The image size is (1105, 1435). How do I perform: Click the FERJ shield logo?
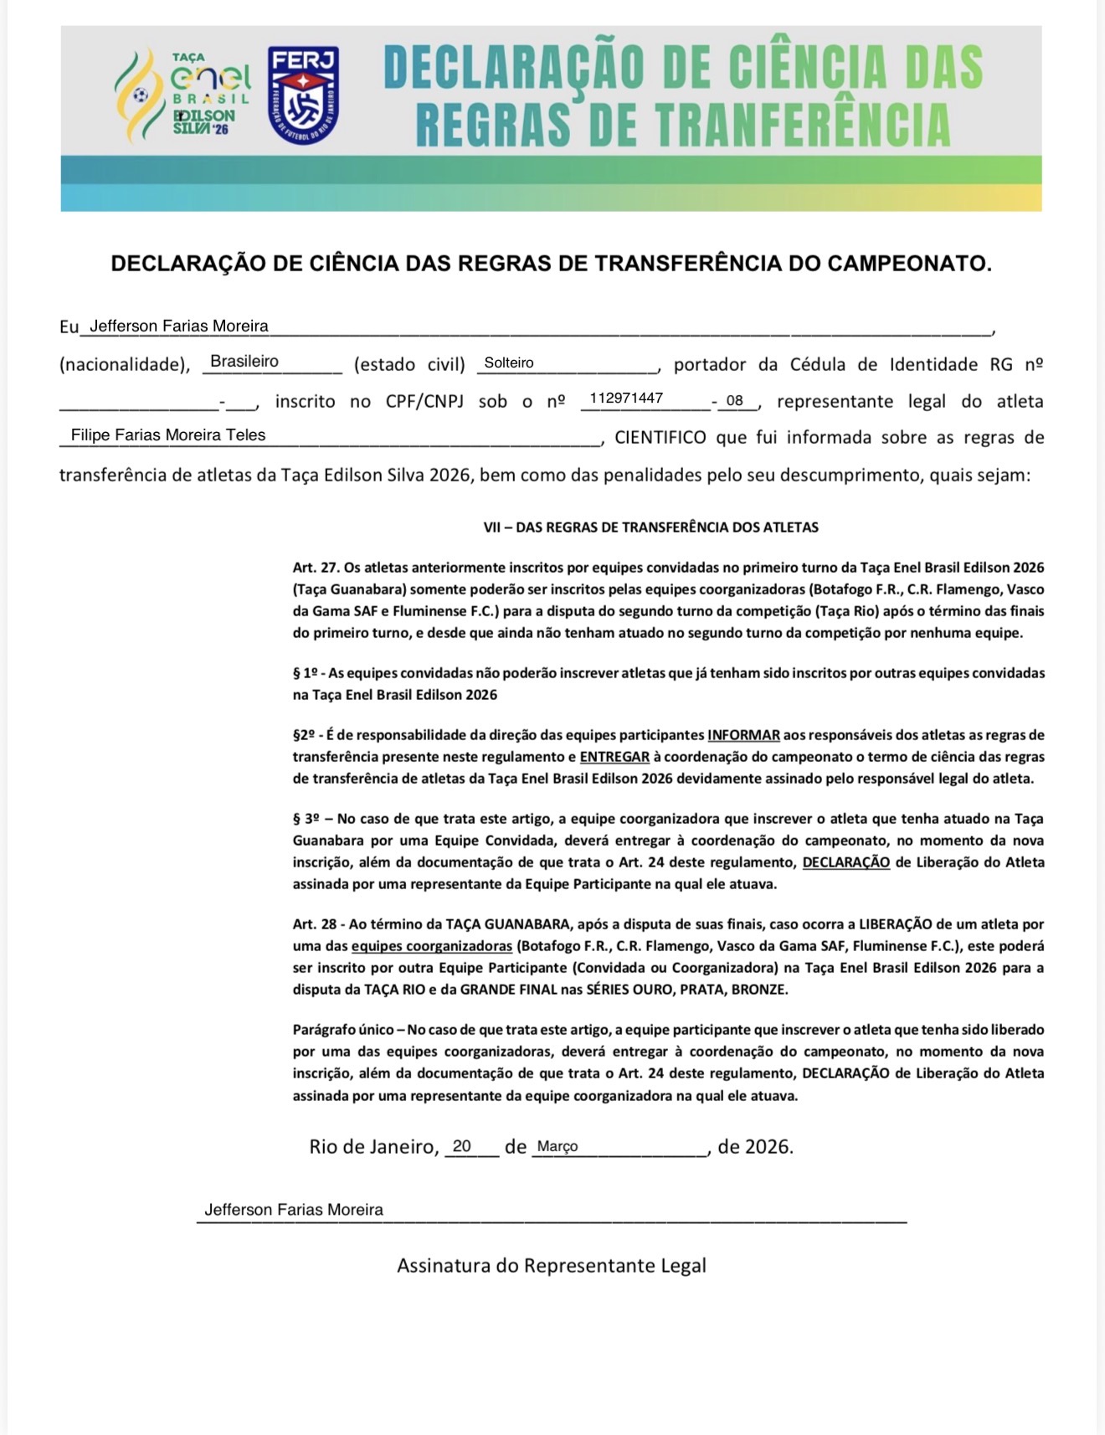303,95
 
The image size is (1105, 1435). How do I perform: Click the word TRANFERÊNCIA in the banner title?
803,126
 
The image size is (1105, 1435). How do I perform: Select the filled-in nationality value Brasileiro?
244,362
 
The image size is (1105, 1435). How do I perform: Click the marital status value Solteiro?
508,363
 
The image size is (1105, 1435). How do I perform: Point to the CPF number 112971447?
626,399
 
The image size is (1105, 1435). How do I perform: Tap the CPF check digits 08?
735,400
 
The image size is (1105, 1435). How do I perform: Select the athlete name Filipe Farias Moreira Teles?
168,435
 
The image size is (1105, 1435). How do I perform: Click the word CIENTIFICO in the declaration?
660,437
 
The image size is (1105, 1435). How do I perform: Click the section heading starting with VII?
650,527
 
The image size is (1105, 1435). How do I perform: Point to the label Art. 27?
316,568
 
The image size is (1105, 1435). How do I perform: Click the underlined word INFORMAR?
743,735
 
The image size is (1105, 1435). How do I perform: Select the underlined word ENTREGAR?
614,757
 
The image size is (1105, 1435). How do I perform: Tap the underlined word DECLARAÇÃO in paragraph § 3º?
845,862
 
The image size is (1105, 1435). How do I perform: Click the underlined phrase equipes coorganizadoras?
431,946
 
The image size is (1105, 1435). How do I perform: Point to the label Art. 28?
315,924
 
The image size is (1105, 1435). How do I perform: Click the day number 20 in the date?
462,1146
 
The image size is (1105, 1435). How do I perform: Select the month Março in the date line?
558,1147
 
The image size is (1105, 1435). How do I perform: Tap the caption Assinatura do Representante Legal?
552,1265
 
